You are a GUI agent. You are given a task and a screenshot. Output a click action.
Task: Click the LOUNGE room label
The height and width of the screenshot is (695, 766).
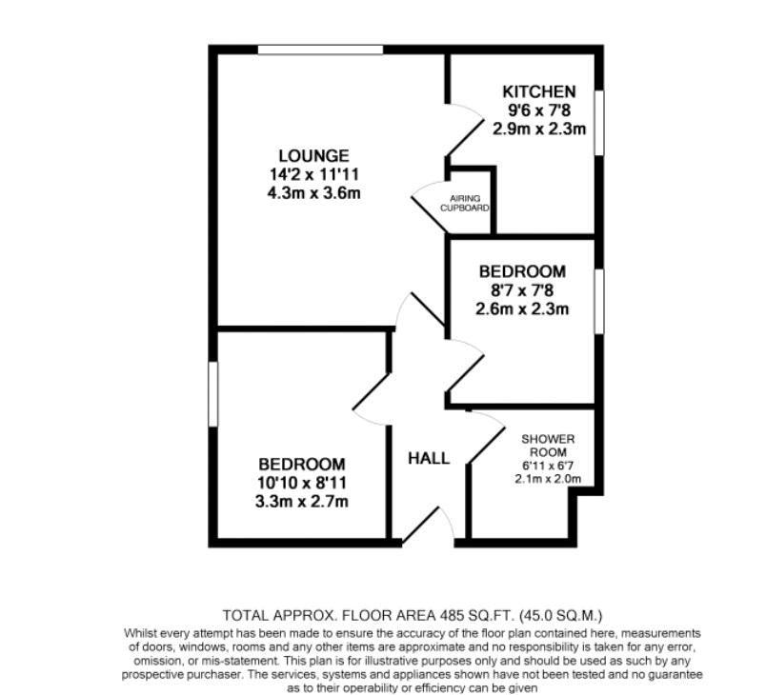[313, 155]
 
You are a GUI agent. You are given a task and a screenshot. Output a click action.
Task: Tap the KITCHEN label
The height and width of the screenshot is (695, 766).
[538, 91]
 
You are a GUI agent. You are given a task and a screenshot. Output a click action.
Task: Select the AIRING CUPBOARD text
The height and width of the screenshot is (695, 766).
[464, 203]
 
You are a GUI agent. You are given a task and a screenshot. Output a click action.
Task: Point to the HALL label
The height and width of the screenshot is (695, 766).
[429, 458]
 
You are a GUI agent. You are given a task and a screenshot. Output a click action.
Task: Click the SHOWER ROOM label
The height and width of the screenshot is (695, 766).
[548, 446]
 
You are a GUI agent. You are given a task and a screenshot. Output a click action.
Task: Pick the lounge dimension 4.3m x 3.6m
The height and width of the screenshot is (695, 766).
[313, 191]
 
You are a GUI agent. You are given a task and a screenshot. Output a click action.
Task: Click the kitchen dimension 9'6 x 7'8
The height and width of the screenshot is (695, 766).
[538, 109]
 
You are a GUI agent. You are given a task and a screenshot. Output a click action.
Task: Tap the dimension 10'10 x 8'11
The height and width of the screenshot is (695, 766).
[300, 483]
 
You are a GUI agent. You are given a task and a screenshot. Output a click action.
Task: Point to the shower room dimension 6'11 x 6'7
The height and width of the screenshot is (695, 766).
[548, 466]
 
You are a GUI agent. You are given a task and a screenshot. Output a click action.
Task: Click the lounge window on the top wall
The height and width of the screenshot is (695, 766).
[319, 50]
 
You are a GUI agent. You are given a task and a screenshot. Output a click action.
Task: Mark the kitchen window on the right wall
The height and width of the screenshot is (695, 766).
[599, 121]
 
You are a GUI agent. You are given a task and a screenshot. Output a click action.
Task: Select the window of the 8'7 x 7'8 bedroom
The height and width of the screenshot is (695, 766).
[599, 301]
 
